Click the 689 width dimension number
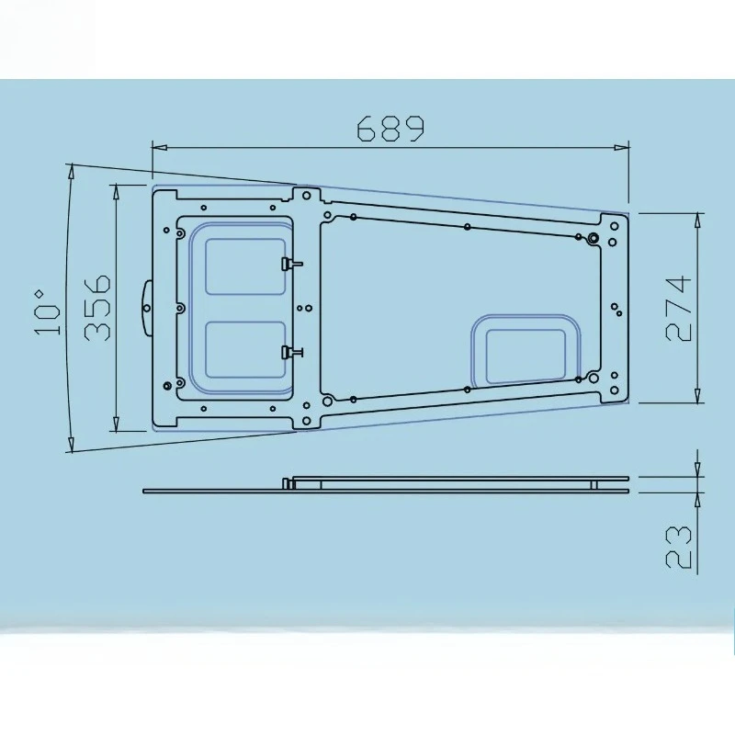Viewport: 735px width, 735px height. (390, 128)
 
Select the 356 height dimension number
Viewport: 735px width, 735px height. (97, 308)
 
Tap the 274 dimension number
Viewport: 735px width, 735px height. (678, 308)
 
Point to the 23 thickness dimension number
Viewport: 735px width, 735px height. (678, 547)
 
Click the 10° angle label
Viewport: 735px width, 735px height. (48, 312)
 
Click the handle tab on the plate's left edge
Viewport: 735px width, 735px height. (147, 308)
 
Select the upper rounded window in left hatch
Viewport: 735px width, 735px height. (245, 266)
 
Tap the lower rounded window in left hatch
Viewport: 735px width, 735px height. (245, 350)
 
